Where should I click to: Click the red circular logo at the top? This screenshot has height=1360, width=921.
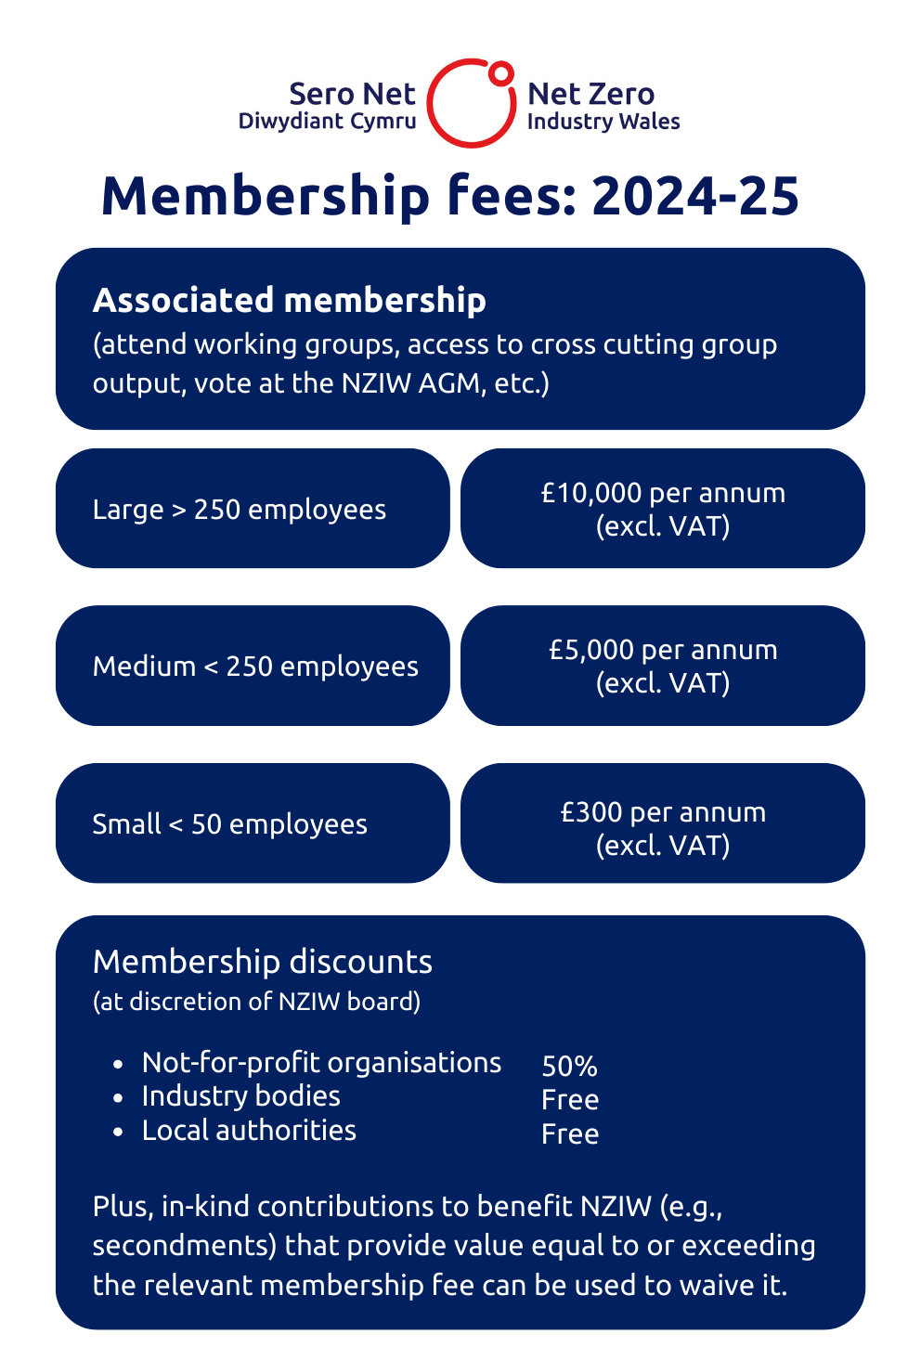coord(472,104)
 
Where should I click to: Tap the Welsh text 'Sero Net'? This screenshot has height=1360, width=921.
coord(352,94)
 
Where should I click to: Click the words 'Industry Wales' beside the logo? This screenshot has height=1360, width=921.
coord(603,122)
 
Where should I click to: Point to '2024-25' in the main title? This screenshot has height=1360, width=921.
coord(694,197)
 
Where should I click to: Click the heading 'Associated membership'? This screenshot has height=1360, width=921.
coord(289,301)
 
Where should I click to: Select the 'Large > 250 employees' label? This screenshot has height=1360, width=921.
coord(239,510)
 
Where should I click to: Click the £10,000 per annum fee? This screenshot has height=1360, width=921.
coord(663,493)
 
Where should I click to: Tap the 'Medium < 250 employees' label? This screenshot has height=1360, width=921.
coord(255,667)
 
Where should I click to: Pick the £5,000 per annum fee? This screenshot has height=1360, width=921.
coord(663,650)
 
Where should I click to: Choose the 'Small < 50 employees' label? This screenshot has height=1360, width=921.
coord(229,824)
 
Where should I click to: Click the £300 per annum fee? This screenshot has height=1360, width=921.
coord(663,812)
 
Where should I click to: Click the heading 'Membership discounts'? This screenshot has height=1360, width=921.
coord(263,962)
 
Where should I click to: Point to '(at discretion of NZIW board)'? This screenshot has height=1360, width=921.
coord(256,1002)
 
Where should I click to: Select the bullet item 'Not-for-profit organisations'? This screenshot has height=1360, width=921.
coord(321,1062)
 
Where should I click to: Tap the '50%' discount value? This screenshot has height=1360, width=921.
coord(569,1066)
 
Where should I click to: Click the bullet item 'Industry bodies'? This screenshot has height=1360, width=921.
coord(240,1096)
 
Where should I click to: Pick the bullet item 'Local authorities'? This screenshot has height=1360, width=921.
coord(249,1130)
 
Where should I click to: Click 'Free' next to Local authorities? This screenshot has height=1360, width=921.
coord(570,1133)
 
